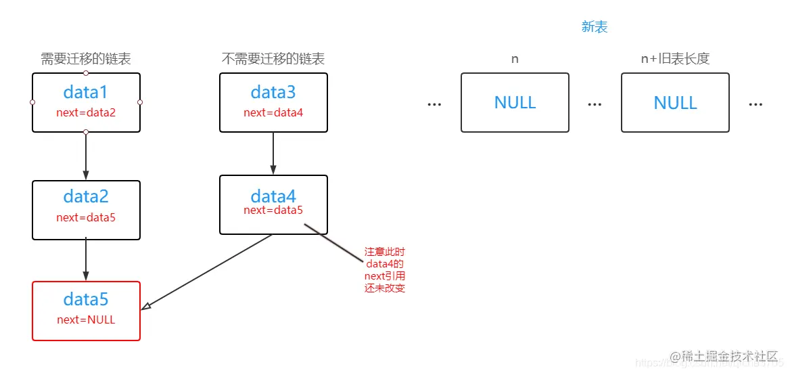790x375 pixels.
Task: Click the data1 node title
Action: point(86,92)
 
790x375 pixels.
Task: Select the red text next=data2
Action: point(86,112)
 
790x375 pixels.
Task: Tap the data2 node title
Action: point(86,197)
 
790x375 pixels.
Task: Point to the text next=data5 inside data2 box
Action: point(86,217)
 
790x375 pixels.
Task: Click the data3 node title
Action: point(273,92)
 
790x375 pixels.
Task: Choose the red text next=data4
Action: point(273,112)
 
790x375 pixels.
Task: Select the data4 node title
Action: point(273,196)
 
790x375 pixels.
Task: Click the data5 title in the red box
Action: point(86,299)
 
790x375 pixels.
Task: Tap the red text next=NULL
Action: point(86,319)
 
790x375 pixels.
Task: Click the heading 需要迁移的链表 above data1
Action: point(86,59)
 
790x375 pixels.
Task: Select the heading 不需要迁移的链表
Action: point(273,59)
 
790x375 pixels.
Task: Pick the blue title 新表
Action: point(595,26)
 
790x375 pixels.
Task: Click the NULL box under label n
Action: point(515,102)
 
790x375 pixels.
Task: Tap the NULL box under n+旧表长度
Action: point(675,102)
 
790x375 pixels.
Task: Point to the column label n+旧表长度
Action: point(675,59)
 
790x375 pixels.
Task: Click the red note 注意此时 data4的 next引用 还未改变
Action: point(385,269)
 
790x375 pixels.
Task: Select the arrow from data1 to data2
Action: point(86,156)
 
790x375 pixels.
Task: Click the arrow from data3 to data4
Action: point(273,154)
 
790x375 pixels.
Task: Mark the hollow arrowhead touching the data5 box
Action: point(146,307)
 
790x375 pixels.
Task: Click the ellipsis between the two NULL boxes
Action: point(595,104)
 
